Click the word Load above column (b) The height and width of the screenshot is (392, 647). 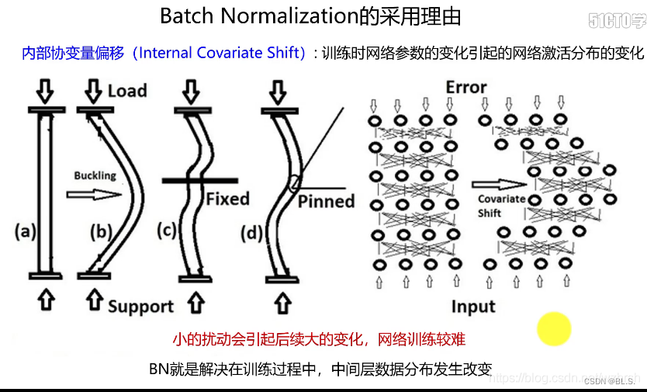pos(127,91)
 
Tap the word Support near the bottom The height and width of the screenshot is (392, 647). pos(140,306)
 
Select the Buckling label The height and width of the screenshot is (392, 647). pos(95,175)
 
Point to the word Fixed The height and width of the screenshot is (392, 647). pos(227,199)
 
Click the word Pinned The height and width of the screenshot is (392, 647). pos(327,201)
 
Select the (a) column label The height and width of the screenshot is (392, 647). pos(26,231)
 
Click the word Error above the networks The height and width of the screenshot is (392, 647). pos(466,87)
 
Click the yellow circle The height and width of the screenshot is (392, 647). pos(554,328)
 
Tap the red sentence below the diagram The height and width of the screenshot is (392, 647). pos(319,339)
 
